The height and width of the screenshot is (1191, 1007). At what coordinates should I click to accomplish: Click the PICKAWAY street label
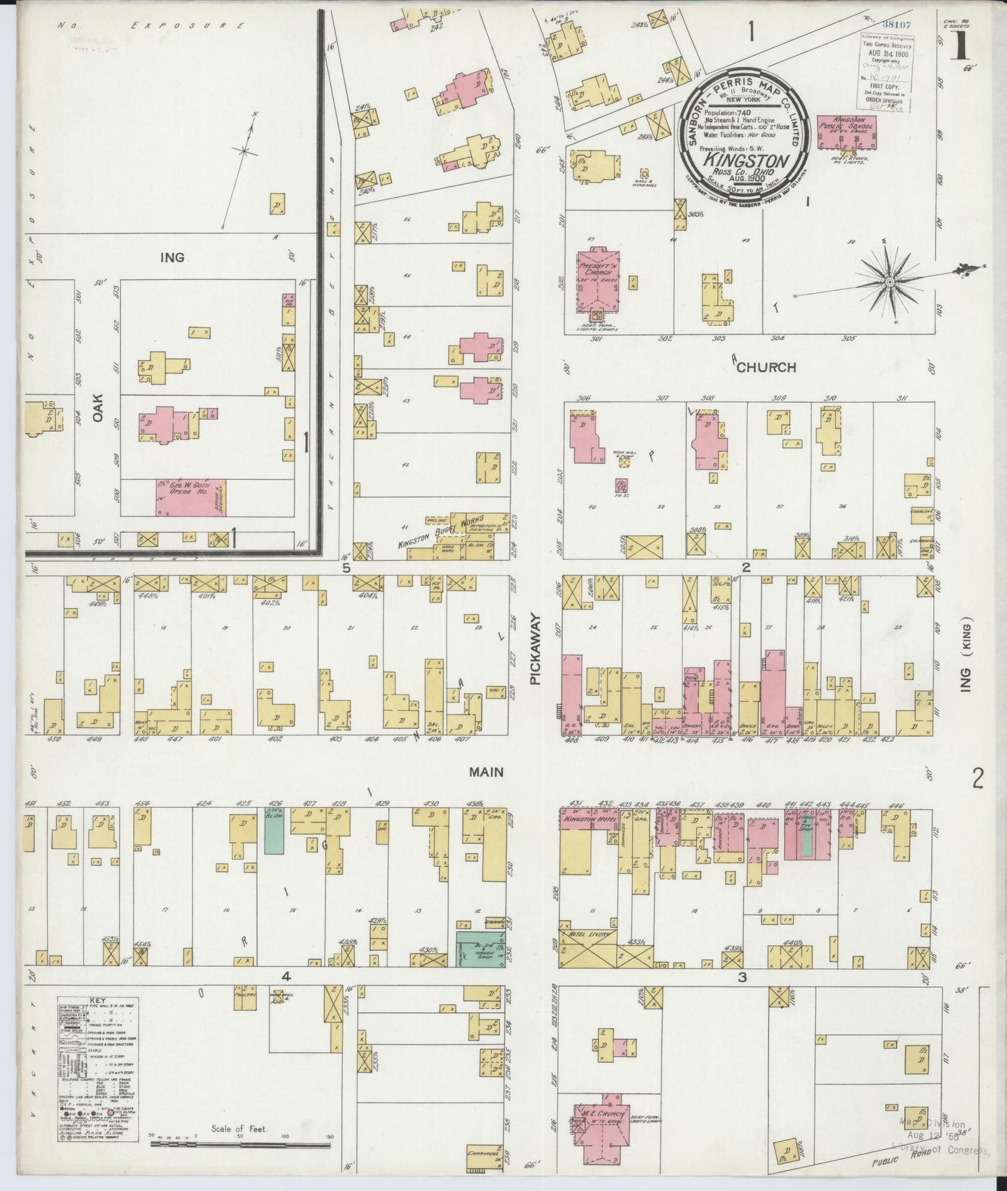535,649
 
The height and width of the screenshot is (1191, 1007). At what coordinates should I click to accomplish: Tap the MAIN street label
486,772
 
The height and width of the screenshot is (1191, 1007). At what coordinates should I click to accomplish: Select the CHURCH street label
767,367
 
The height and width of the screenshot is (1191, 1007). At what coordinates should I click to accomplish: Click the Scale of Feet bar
240,1144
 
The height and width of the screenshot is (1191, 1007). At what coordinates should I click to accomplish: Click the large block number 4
286,976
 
